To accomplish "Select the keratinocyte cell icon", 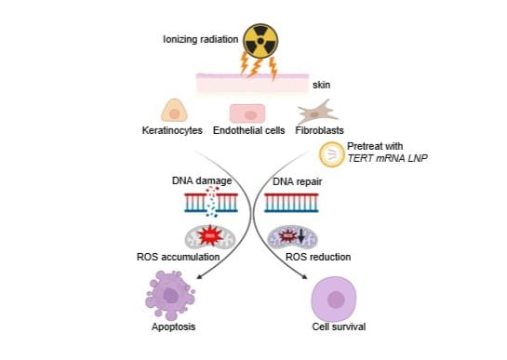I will pyautogui.click(x=176, y=112).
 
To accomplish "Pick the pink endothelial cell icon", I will pyautogui.click(x=248, y=113).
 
